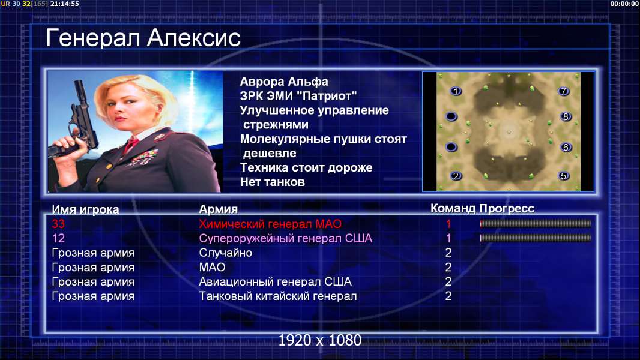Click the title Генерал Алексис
pos(143,38)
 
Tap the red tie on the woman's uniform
pos(131,145)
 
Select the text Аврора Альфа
pos(283,82)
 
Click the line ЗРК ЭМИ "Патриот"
pos(298,96)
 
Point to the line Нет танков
pos(272,182)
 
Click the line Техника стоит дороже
pos(306,167)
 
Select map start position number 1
pos(456,91)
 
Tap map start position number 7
pos(564,91)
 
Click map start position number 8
pos(566,116)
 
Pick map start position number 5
pos(564,176)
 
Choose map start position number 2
pos(456,176)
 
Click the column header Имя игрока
pos(85,209)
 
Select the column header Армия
pos(219,209)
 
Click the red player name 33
pos(58,224)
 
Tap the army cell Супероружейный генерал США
pos(286,239)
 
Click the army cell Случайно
pos(225,253)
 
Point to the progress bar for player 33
pos(536,223)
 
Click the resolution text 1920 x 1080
pos(320,340)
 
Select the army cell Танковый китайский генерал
pos(278,296)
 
